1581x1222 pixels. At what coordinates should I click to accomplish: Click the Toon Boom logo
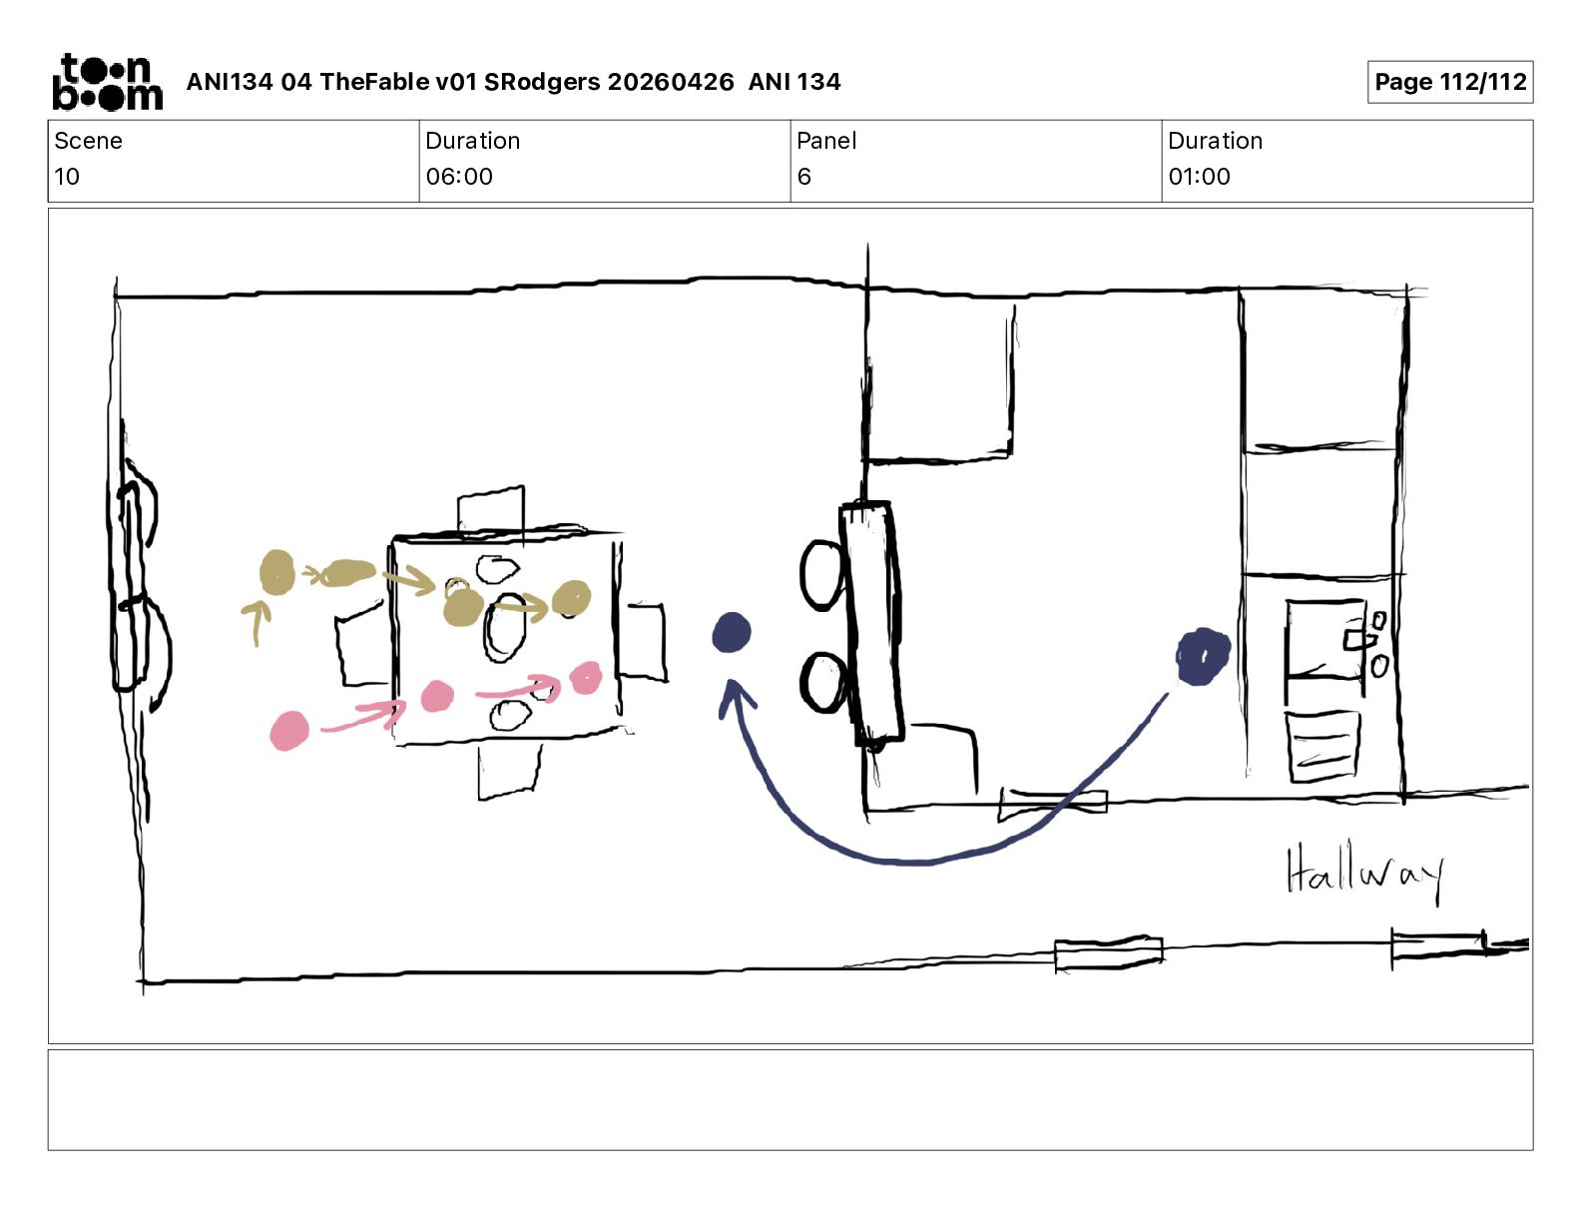click(x=108, y=82)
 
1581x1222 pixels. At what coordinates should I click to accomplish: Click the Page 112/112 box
click(x=1449, y=82)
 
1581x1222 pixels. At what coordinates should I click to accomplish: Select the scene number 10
click(x=66, y=176)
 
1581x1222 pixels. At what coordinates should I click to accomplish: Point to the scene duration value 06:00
click(x=459, y=176)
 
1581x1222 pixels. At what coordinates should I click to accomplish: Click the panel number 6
click(x=803, y=176)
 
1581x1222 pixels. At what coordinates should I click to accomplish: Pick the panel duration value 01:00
click(x=1199, y=176)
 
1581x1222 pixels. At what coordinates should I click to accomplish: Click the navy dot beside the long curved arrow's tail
click(x=1203, y=657)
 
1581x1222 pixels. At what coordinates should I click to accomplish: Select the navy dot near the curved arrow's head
click(x=732, y=633)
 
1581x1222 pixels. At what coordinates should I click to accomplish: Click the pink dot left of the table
click(x=288, y=731)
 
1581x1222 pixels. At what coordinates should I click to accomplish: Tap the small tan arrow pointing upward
click(x=256, y=621)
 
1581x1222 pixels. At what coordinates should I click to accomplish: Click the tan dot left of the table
click(x=277, y=572)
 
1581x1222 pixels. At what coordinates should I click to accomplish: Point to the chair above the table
click(x=490, y=511)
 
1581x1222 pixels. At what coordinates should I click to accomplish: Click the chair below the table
click(x=509, y=772)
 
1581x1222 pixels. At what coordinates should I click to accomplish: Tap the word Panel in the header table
click(x=826, y=141)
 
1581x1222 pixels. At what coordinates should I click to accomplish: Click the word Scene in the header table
click(x=88, y=141)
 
